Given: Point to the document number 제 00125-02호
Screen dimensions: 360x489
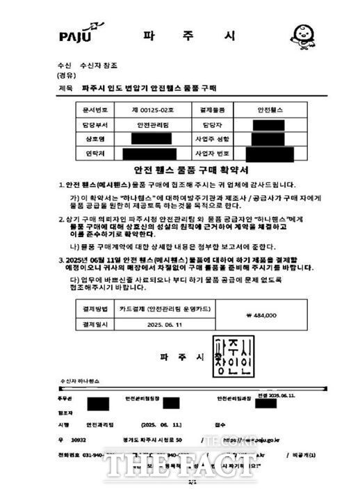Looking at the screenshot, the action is pos(145,110).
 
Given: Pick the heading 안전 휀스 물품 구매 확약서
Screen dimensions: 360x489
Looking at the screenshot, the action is pos(179,170).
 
